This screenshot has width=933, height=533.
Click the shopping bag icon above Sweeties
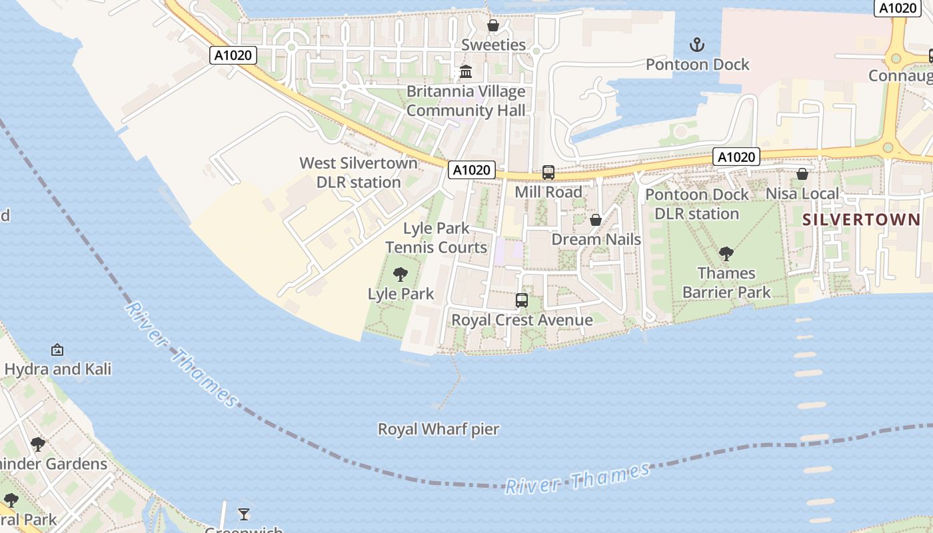pos(493,26)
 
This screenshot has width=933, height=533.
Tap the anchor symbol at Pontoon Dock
pos(697,45)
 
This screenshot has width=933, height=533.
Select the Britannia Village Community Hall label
pos(466,101)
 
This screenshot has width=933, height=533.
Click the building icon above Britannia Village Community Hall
pos(466,72)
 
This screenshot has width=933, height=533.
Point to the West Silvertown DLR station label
pos(359,173)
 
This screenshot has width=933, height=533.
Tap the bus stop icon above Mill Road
pos(548,173)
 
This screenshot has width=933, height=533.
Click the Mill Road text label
pos(548,193)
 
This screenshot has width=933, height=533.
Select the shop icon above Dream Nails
pos(596,220)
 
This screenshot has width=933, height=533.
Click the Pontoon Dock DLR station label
pos(697,205)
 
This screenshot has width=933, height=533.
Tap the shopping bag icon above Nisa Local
pos(802,174)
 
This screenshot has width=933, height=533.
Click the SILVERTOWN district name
pos(861,220)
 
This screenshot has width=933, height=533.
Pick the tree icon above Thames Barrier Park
pos(726,254)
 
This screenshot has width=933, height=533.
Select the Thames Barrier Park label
pos(726,282)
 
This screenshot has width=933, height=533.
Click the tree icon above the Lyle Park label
pos(401,274)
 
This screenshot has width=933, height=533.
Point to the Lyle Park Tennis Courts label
pos(437,238)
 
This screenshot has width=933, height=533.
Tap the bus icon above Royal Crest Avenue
pos(522,300)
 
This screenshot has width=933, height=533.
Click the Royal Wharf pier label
pos(439,429)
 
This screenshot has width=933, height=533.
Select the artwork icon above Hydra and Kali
pos(57,350)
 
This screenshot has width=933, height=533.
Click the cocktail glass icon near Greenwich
pos(244,514)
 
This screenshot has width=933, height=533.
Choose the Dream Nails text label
pos(596,240)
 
